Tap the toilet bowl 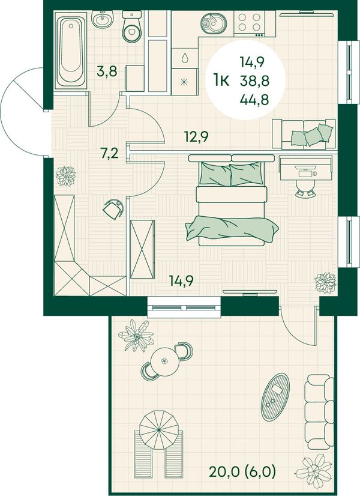pos(132,27)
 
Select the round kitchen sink pos(212,23)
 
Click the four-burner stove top pos(250,23)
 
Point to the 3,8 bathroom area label pos(107,71)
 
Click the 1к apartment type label pos(221,81)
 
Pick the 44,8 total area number pos(254,100)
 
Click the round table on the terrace pos(164,361)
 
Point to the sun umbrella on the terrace pos(158,429)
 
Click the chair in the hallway pos(113,208)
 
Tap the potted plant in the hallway pos(66,176)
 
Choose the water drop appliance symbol pos(185,58)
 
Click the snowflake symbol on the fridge pos(184,82)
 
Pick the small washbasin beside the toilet pos(102,19)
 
